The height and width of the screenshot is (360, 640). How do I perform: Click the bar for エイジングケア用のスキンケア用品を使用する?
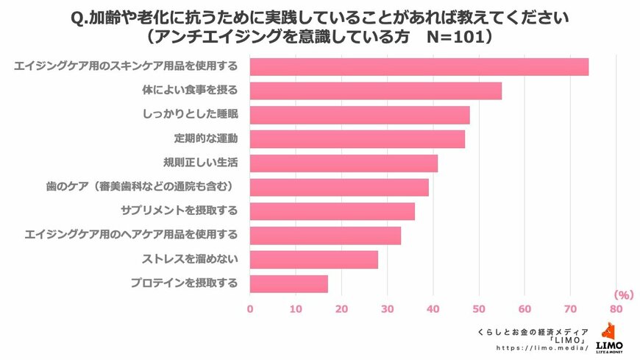(419, 67)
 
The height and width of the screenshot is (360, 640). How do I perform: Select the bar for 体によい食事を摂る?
(376, 91)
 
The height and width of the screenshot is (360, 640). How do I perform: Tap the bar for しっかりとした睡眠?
(360, 115)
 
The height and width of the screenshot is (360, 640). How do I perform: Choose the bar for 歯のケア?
(339, 187)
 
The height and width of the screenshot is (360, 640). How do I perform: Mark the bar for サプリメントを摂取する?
(333, 211)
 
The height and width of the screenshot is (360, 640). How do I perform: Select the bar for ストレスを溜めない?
(314, 259)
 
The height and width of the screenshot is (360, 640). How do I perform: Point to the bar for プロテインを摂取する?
(289, 283)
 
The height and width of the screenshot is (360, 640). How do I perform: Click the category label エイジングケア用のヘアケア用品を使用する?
(131, 235)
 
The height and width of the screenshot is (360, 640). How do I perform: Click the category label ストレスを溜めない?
(189, 259)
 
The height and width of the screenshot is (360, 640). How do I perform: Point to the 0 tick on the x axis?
(250, 309)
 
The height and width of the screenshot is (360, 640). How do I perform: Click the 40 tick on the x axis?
(433, 309)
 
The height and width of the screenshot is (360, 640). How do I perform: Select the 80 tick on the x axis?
(616, 309)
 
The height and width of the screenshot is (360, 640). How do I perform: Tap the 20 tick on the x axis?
(341, 309)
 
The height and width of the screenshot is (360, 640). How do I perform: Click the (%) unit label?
(622, 295)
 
